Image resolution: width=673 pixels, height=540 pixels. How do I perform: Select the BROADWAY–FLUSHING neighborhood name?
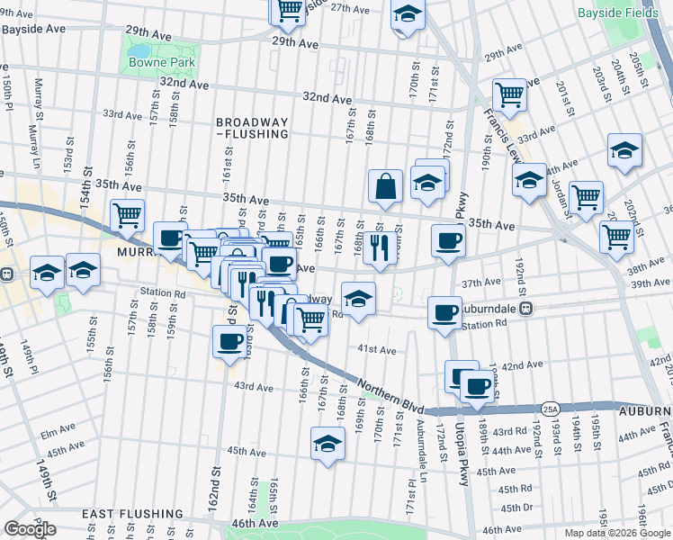click(x=252, y=128)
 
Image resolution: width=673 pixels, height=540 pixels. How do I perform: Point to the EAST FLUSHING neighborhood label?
click(x=133, y=514)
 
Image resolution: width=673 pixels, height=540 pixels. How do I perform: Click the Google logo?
click(x=30, y=529)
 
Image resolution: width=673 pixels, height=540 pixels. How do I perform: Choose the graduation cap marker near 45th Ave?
click(x=328, y=444)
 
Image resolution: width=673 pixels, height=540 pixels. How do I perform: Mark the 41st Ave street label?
click(x=377, y=349)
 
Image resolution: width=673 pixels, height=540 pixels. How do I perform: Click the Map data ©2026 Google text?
click(x=617, y=533)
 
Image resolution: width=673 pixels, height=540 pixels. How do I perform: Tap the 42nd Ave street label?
click(x=522, y=365)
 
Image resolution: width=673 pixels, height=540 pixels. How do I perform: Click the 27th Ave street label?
click(x=350, y=8)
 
